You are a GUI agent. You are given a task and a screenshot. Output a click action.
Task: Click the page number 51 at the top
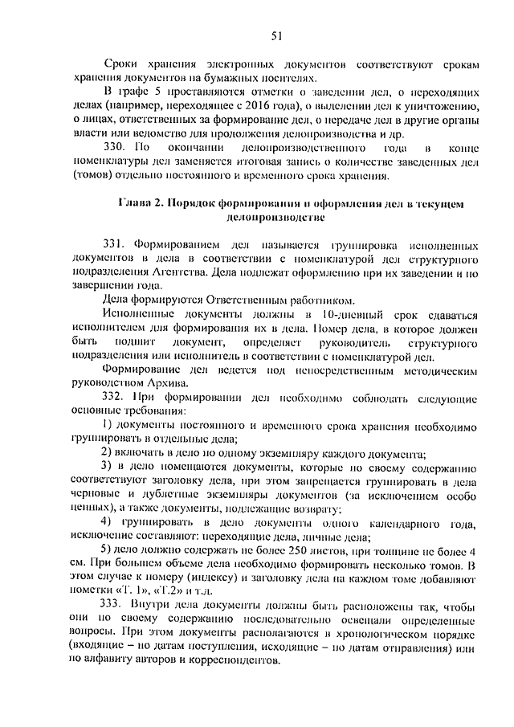tap(277, 34)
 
